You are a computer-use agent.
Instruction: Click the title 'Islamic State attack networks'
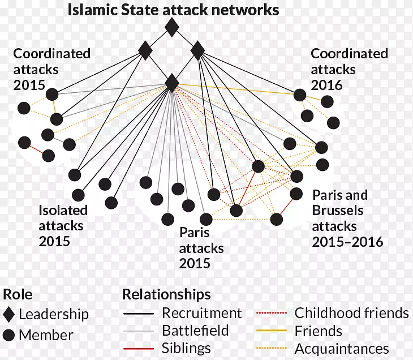pos(174,10)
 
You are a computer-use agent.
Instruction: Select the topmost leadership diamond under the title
pos(171,27)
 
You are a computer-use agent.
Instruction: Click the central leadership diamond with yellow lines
pos(172,83)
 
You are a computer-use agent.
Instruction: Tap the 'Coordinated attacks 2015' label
pos(51,70)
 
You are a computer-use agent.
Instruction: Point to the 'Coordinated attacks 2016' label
pos(349,70)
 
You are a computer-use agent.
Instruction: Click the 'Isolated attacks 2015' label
pos(63,226)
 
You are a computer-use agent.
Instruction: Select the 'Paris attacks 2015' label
pos(201,248)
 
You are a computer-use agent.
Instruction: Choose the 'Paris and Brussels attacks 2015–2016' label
pos(347,218)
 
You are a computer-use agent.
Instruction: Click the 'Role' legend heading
pos(18,294)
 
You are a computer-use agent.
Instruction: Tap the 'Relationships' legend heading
pos(166,294)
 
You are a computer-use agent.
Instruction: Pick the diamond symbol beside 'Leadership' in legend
pos(8,314)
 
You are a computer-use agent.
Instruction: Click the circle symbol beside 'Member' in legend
pos(8,335)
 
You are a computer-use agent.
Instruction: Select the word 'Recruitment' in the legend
pos(201,313)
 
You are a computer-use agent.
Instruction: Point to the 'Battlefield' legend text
pos(195,331)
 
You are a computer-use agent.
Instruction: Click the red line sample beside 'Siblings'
pos(138,349)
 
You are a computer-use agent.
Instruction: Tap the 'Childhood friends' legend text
pos(351,313)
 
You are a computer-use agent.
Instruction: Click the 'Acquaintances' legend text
pos(342,349)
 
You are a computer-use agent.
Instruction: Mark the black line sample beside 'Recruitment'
pos(138,314)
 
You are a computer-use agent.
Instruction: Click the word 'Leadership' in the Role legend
pos(54,314)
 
